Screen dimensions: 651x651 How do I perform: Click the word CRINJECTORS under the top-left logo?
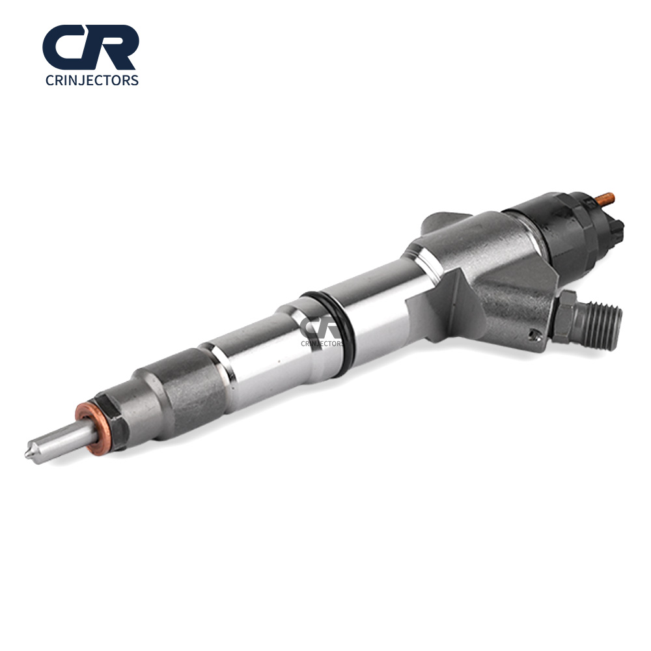click(x=92, y=80)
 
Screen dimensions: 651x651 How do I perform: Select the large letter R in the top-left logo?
click(x=112, y=47)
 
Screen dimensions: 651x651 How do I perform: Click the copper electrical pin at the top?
click(x=605, y=201)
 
